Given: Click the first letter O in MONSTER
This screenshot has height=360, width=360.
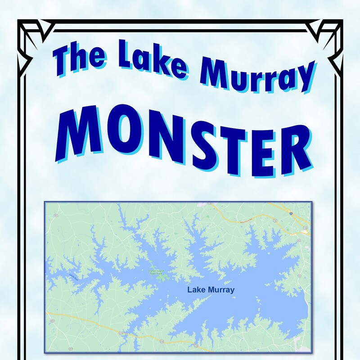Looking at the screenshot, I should (119, 133).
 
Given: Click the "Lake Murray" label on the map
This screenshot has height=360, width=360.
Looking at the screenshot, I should (211, 290).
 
